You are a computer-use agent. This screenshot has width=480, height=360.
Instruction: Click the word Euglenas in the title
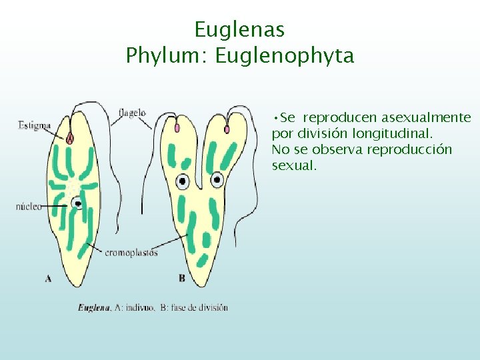coord(239,29)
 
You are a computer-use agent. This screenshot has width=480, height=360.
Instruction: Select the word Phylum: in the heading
coord(167,55)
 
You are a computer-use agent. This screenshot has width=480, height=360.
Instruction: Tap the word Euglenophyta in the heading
coord(285,55)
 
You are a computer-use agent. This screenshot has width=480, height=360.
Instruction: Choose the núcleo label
coord(29,207)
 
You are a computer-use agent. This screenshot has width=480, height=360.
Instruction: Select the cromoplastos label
coord(131,252)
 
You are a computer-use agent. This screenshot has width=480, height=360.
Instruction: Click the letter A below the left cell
coord(48,279)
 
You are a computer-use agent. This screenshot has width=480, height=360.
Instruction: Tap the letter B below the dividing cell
coord(183,278)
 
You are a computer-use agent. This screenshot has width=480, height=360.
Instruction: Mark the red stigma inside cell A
coord(70,137)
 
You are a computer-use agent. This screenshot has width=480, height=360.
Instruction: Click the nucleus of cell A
coord(77,203)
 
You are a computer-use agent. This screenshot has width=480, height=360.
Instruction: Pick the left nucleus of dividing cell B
coord(182,180)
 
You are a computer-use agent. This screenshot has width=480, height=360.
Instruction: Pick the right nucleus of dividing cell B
coord(217,179)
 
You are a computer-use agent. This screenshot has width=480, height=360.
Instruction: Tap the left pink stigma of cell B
coord(177,127)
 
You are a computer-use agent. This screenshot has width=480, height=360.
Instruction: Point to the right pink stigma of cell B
coord(227,129)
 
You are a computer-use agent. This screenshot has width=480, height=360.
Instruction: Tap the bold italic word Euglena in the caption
coord(94,307)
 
